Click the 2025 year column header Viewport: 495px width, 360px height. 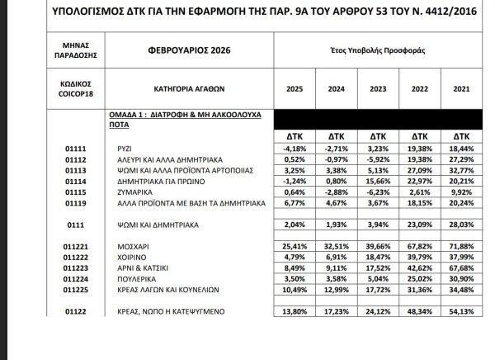click(x=294, y=88)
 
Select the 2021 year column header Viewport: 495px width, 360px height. click(x=461, y=88)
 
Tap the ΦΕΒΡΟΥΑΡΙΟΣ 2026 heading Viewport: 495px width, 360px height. click(x=177, y=49)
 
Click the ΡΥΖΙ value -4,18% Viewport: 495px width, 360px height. click(x=294, y=149)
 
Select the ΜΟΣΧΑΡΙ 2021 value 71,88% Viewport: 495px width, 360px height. click(x=461, y=246)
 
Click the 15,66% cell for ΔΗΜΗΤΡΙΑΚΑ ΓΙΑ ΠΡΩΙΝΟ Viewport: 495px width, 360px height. click(x=378, y=182)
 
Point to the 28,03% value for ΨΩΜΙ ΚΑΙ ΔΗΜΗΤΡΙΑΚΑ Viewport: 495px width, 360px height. click(x=461, y=224)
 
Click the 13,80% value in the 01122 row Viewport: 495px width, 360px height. click(x=294, y=311)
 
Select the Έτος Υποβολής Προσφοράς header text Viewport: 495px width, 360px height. click(x=377, y=49)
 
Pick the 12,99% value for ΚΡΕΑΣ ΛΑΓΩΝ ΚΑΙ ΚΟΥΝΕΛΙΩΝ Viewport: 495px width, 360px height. click(x=336, y=290)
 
